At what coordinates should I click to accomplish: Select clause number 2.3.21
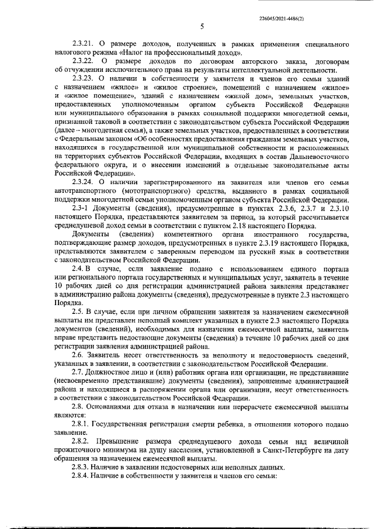[82, 44]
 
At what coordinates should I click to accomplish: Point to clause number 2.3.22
[82, 61]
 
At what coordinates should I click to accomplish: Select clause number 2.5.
[76, 312]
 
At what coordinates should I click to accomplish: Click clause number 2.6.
[76, 356]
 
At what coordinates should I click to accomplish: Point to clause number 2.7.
[76, 373]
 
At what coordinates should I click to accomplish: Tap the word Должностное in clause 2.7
[112, 373]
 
